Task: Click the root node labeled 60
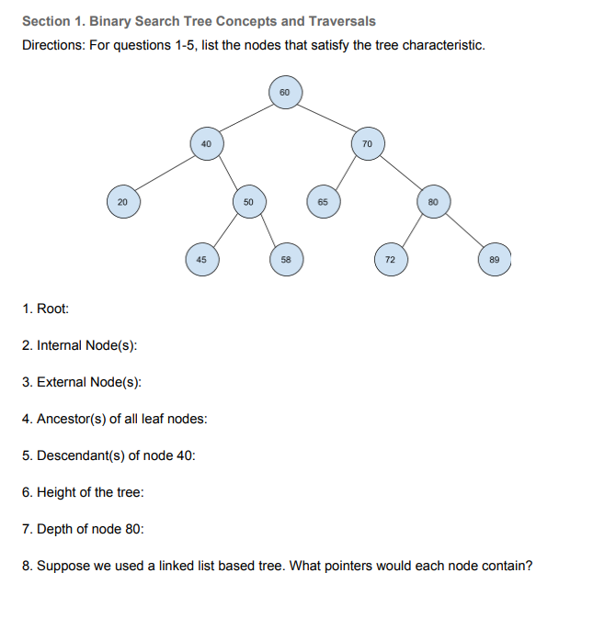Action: (284, 93)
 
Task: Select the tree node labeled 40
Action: (206, 144)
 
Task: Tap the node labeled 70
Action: (367, 144)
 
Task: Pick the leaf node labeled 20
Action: (123, 201)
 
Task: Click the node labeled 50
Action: (248, 201)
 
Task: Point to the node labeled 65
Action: (323, 201)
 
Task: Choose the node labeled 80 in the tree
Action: (434, 201)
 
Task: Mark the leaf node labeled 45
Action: (200, 260)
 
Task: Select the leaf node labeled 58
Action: (286, 260)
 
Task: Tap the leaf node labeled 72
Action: (390, 260)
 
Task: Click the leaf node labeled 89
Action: (494, 260)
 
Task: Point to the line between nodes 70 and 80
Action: (401, 173)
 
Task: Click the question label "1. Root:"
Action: (45, 309)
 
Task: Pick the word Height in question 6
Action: (56, 492)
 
